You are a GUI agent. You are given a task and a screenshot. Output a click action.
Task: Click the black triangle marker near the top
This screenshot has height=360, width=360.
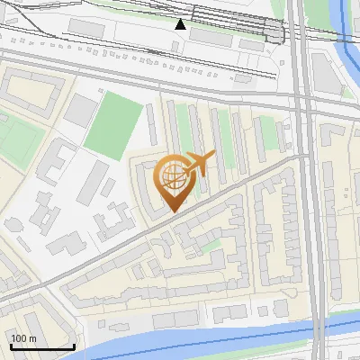tap(181, 23)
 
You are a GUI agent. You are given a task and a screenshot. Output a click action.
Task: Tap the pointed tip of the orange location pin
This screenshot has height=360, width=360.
tap(172, 211)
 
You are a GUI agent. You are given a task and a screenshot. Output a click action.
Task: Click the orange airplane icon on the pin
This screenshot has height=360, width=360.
tap(200, 163)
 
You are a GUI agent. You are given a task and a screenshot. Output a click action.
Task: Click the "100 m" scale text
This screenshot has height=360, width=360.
tap(23, 338)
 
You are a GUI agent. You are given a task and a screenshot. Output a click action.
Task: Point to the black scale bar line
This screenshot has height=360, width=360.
tap(42, 346)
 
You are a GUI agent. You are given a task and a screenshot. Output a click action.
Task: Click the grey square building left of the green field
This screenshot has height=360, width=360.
tap(82, 111)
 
